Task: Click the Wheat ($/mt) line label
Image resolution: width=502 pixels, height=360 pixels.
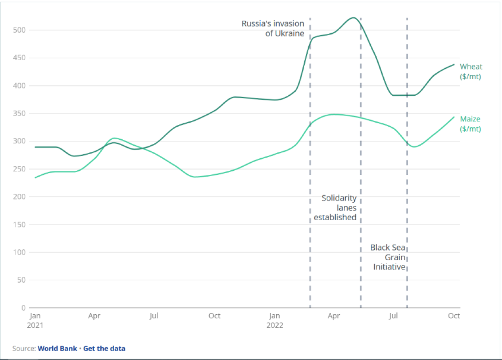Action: coord(471,71)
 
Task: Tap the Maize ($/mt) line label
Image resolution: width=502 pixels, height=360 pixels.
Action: coord(470,124)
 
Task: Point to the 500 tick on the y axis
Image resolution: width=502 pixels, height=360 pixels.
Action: coord(20,30)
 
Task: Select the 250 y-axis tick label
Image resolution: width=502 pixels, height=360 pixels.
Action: coord(20,169)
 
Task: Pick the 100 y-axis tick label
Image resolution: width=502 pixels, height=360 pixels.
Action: coord(20,252)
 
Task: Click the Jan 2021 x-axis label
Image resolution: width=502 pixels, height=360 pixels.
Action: coord(36,320)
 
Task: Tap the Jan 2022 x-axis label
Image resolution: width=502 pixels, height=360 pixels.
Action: coord(275,320)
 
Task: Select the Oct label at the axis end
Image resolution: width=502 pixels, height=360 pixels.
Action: coord(454,316)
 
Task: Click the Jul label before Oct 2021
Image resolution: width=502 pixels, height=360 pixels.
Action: coord(154,316)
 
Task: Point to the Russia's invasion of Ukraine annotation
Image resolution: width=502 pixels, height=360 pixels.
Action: coord(273,28)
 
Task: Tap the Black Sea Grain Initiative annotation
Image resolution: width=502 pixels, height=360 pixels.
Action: coord(388,257)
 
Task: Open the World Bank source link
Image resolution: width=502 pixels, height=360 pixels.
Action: coord(58,348)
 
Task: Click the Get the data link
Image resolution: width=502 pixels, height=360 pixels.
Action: coord(104,348)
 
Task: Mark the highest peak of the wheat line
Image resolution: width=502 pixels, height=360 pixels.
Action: coord(353,18)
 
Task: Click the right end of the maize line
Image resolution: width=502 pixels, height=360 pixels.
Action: coord(454,117)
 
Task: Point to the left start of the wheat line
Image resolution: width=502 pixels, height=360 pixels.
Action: coord(36,147)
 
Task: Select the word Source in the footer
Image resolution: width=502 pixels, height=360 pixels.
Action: coord(23,348)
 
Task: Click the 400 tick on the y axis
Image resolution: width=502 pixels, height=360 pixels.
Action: coord(20,85)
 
